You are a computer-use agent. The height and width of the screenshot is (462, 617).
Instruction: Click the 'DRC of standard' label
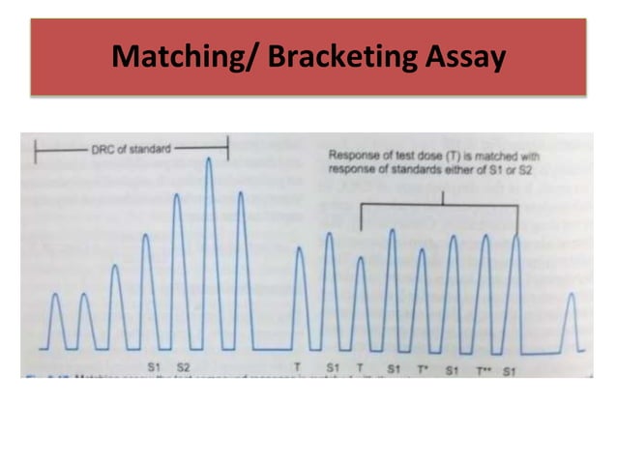click(x=131, y=149)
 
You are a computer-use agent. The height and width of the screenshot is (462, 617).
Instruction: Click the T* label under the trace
click(x=423, y=368)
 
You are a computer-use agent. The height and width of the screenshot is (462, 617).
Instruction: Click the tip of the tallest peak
click(x=209, y=159)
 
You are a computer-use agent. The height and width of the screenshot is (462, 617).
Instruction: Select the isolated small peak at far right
click(x=571, y=296)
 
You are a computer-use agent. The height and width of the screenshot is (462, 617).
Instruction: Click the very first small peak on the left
click(x=54, y=294)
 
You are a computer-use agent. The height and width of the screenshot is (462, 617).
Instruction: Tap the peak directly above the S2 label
click(x=179, y=196)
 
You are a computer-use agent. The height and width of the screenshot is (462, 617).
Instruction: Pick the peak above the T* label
click(x=422, y=251)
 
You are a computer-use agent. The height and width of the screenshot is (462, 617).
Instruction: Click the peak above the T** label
click(x=485, y=237)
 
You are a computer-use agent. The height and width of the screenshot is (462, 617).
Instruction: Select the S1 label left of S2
click(x=154, y=367)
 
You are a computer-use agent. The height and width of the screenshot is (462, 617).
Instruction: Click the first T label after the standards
click(x=298, y=367)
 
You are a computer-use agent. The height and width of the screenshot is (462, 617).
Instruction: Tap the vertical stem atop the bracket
click(x=441, y=197)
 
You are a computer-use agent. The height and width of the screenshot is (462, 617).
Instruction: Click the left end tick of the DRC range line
click(x=37, y=149)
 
